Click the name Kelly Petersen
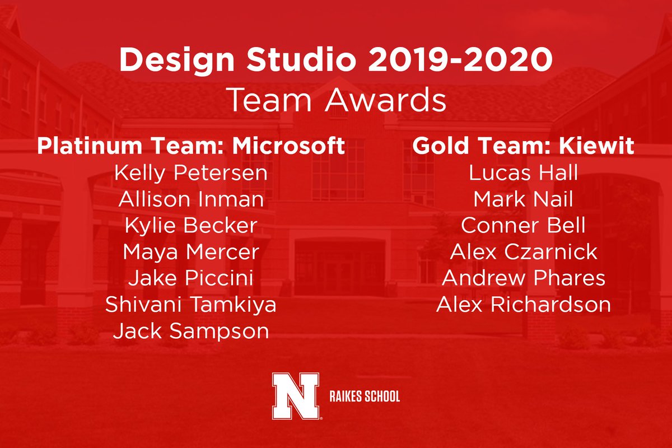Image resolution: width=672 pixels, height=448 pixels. (190, 173)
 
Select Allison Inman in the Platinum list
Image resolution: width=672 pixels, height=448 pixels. (190, 199)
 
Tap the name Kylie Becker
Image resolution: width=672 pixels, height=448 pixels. (190, 226)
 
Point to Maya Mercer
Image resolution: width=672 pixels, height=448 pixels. (190, 252)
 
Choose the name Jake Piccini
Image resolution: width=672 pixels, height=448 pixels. (190, 278)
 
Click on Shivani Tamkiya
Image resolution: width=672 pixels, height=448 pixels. (190, 305)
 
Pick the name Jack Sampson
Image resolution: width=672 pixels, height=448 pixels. (190, 331)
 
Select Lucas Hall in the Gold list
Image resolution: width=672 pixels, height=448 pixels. (523, 173)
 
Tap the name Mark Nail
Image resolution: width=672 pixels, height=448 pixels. (523, 199)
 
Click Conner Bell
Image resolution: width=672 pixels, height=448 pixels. (523, 226)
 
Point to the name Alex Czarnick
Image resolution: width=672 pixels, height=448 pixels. (523, 252)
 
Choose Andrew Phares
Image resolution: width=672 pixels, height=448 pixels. (523, 278)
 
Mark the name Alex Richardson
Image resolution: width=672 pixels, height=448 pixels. (523, 305)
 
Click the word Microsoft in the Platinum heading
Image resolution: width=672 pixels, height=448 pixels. (288, 146)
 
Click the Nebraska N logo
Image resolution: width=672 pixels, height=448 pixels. (296, 396)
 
